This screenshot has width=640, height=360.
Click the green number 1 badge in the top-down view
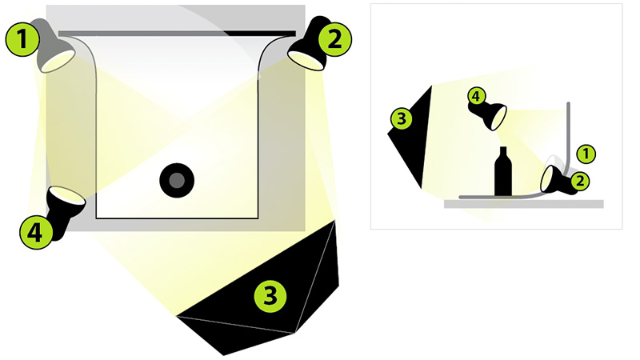22,39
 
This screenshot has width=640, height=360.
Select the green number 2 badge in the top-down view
334,39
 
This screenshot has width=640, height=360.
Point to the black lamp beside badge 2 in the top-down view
310,44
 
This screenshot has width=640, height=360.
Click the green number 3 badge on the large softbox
270,295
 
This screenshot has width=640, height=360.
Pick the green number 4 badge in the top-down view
36,233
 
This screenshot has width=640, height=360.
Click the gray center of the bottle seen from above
177,181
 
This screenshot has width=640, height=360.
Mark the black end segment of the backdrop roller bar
259,34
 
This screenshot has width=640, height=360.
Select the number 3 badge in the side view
402,118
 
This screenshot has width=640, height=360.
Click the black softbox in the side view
410,137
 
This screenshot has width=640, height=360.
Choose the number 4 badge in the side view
475,97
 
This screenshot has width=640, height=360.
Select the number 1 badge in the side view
586,154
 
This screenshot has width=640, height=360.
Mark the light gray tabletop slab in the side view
524,204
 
